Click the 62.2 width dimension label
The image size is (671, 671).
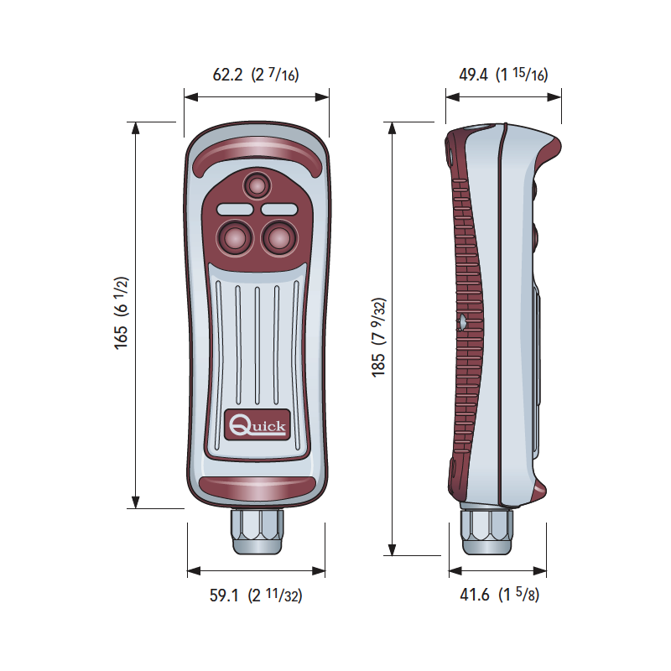(256, 75)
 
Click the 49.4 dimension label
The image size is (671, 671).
(503, 75)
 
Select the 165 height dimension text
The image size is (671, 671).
(121, 313)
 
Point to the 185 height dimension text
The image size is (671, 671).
(379, 337)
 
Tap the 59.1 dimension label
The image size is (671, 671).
(256, 595)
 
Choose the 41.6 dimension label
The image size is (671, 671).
(499, 595)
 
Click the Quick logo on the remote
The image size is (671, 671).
(257, 424)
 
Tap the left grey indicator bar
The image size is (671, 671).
(235, 209)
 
